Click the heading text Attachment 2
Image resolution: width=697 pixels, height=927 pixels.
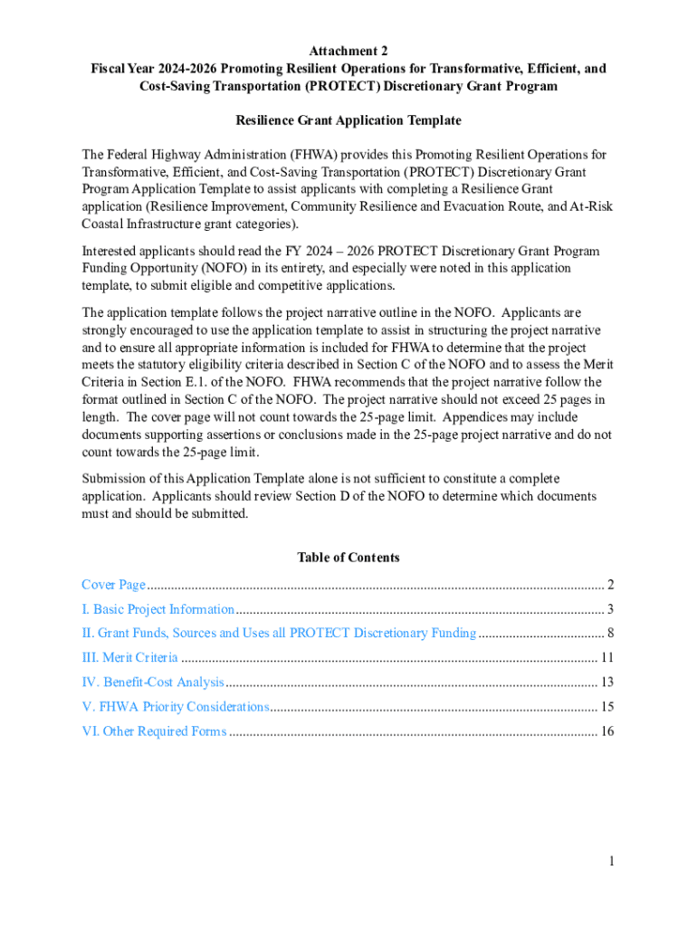click(x=348, y=51)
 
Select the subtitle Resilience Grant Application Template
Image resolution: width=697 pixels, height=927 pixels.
click(x=348, y=120)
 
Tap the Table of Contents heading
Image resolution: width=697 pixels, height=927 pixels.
click(x=348, y=558)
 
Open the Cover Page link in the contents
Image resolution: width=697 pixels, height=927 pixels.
click(x=113, y=585)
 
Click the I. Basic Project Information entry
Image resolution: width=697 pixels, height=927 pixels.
click(x=158, y=609)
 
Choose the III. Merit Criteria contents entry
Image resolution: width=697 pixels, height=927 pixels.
click(x=129, y=658)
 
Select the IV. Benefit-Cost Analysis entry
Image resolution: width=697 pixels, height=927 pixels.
click(x=152, y=683)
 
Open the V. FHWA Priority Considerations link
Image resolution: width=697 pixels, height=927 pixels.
click(x=176, y=707)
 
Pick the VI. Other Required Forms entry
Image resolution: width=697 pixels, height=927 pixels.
click(x=154, y=731)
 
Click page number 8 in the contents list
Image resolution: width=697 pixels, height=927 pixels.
click(x=611, y=634)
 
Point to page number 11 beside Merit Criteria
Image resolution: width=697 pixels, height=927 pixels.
click(x=607, y=658)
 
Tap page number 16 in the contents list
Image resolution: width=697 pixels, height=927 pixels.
click(x=607, y=731)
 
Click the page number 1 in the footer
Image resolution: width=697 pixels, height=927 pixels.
click(x=611, y=861)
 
